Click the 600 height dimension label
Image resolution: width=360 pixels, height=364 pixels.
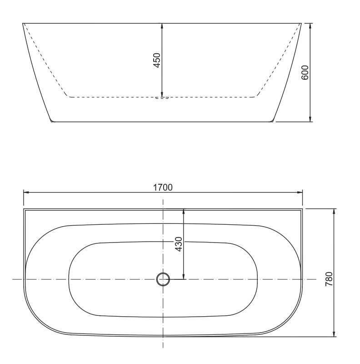[305, 72]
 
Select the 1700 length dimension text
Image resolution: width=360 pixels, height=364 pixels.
[163, 187]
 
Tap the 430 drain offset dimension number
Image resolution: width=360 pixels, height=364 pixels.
[178, 244]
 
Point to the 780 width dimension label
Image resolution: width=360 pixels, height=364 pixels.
[330, 278]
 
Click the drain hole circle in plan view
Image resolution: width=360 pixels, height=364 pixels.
[163, 279]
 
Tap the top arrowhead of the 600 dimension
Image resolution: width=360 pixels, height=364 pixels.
[310, 25]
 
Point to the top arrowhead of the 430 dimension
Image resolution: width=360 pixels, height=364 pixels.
[184, 212]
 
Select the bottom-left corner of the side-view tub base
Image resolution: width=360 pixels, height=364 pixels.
[51, 121]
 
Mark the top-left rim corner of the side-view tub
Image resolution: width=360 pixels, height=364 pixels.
[23, 23]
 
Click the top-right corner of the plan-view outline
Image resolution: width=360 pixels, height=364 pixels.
[302, 209]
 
